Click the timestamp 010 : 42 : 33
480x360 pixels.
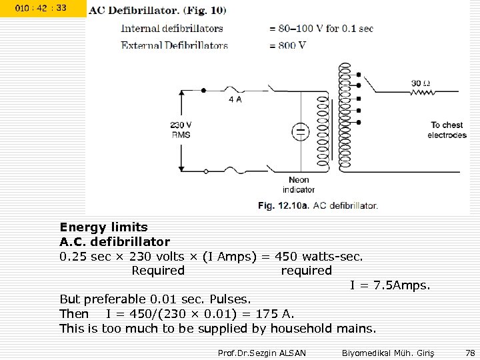[41, 8]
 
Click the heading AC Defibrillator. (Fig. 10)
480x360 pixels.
[157, 10]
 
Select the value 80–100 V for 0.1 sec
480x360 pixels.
[321, 29]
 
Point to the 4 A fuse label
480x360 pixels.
[235, 99]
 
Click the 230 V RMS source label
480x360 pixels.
[181, 129]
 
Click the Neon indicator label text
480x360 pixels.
[299, 185]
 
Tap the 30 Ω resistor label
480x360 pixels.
[421, 83]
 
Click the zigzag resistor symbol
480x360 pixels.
[421, 93]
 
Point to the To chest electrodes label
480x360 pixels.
[447, 129]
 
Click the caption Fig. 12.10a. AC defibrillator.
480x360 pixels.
[318, 205]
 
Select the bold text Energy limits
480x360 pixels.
[103, 227]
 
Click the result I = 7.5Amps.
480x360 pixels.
[391, 285]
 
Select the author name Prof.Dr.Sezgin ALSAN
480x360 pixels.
[262, 352]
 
